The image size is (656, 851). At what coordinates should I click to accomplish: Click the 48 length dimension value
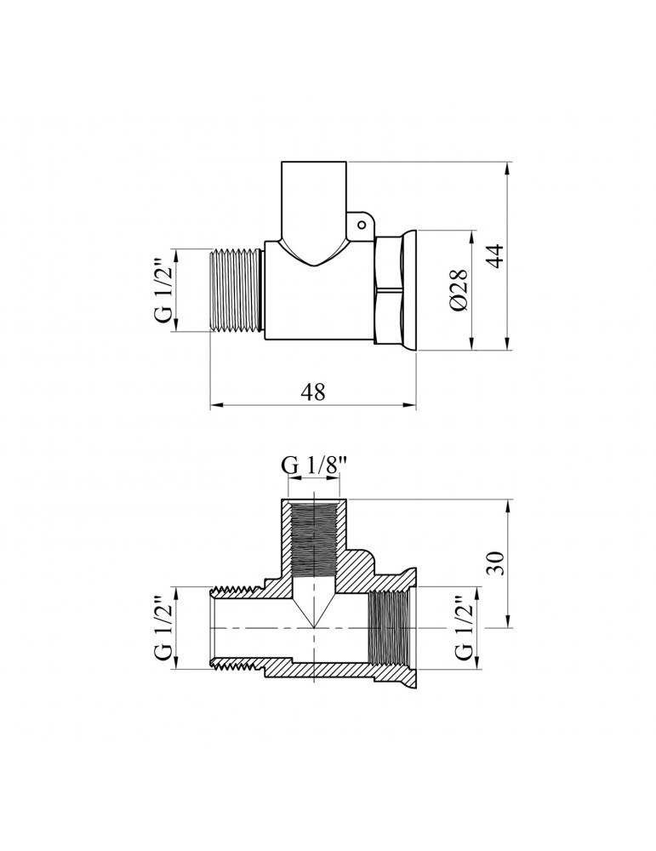tap(313, 391)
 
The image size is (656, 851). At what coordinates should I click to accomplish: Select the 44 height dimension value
tap(495, 255)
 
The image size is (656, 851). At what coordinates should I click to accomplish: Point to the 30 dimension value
tap(495, 563)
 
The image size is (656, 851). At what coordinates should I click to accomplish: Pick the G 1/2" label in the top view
tap(163, 289)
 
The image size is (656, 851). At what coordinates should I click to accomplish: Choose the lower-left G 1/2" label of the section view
tap(163, 628)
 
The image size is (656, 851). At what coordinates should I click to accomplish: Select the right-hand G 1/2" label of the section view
tap(464, 628)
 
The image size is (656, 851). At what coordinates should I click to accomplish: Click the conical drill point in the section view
tap(312, 608)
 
